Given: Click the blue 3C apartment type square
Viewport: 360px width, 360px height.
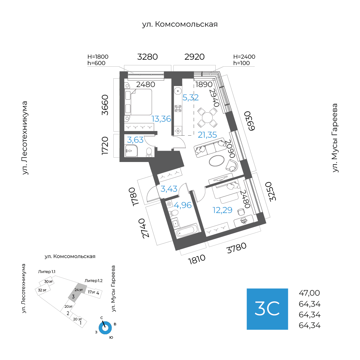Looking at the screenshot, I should click(267, 309).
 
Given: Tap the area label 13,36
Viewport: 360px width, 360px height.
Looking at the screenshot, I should click(161, 119).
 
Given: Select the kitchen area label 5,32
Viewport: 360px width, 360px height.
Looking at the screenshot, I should click(191, 98).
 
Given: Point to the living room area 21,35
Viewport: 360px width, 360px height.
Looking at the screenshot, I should click(207, 135).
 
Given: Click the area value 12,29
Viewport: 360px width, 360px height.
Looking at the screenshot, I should click(223, 210).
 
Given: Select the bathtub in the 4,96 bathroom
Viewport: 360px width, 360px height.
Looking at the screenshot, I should click(187, 231).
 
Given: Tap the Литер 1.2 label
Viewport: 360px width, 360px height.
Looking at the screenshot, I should click(94, 281).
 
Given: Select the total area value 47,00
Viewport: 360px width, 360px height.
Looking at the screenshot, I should click(309, 293).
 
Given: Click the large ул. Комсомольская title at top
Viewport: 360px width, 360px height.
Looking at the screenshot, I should click(180, 24).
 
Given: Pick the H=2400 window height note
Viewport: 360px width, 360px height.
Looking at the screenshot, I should click(244, 57).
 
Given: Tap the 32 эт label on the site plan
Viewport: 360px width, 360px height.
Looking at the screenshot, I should click(42, 290).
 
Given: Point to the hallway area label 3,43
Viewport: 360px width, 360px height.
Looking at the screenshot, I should click(169, 189).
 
